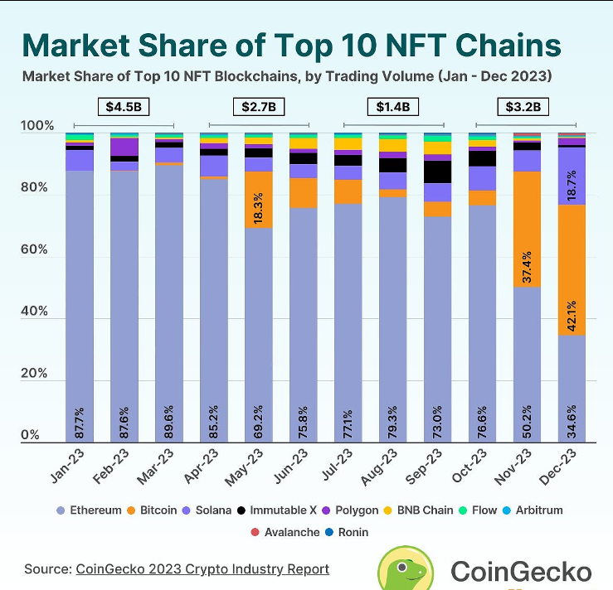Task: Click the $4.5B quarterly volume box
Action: click(x=123, y=106)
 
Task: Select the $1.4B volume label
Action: click(x=394, y=106)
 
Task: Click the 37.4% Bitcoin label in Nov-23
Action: click(x=528, y=268)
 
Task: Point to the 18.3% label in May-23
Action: click(x=259, y=207)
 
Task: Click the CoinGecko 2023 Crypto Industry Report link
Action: click(x=202, y=568)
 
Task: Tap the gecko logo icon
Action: click(x=406, y=571)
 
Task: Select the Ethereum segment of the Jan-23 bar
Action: click(x=80, y=307)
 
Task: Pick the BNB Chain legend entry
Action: click(x=418, y=510)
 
